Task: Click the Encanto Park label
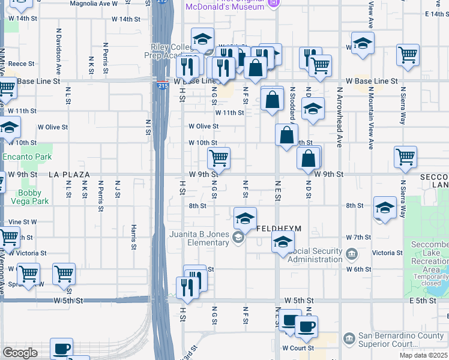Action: point(27,157)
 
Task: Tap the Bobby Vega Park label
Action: point(33,197)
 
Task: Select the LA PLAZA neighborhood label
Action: point(69,175)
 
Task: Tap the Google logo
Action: point(20,352)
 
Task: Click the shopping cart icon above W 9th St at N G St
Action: point(219,158)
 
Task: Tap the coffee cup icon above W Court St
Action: point(306,327)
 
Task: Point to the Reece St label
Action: point(22,63)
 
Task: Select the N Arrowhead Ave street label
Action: point(339,117)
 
